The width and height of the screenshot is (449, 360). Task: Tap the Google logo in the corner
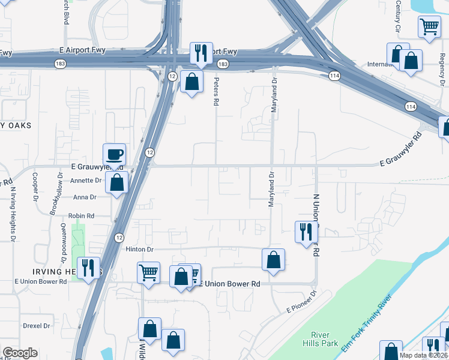click(20, 353)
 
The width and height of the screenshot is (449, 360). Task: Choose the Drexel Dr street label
click(37, 326)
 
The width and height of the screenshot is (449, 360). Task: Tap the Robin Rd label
click(82, 215)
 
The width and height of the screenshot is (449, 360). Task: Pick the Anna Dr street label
click(84, 197)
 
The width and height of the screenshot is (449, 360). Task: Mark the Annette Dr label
click(86, 180)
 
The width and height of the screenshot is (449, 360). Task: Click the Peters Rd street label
click(215, 91)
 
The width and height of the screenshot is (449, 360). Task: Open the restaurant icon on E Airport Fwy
click(200, 53)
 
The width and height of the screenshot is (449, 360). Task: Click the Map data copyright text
click(424, 355)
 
